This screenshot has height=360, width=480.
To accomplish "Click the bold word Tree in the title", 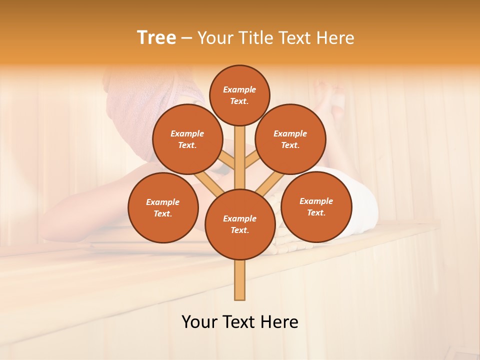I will pyautogui.click(x=156, y=38).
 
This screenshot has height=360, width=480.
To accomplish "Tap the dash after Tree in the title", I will pyautogui.click(x=186, y=38).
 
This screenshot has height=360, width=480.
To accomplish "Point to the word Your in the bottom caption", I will pyautogui.click(x=199, y=322).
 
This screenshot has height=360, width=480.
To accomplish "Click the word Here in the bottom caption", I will pyautogui.click(x=280, y=322).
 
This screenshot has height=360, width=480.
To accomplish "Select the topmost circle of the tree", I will pyautogui.click(x=239, y=95).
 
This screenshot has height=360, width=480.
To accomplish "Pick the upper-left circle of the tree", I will pyautogui.click(x=187, y=139).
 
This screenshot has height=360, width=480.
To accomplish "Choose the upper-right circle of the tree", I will pyautogui.click(x=290, y=139).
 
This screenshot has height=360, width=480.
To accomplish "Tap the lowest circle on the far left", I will pyautogui.click(x=163, y=207).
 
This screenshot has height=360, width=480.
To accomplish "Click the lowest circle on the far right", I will pyautogui.click(x=316, y=206).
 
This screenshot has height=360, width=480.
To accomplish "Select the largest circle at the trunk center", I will pyautogui.click(x=240, y=224).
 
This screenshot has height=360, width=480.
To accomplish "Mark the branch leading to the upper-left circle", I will pyautogui.click(x=226, y=161).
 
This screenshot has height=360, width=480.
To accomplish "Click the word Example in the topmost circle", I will pyautogui.click(x=239, y=89).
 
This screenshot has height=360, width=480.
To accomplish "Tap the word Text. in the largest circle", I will pyautogui.click(x=240, y=230).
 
